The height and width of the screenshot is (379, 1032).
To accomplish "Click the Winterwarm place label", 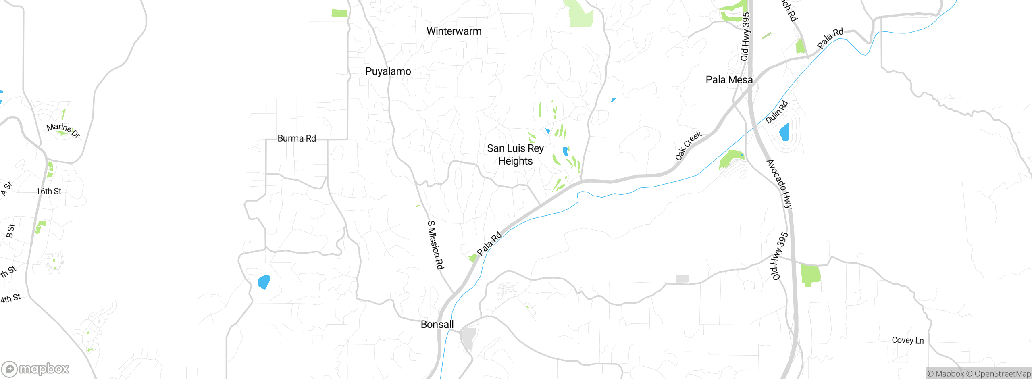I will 454,31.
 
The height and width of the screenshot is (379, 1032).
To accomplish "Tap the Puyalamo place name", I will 388,71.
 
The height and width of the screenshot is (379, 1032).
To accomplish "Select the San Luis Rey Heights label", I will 515,154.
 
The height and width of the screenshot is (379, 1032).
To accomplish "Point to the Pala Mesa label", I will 729,80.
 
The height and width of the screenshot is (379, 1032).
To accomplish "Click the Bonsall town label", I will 437,324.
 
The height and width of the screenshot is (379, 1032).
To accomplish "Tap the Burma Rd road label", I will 297,138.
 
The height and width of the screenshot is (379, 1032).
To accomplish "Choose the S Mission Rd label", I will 435,245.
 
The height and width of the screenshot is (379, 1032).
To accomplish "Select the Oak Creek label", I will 688,146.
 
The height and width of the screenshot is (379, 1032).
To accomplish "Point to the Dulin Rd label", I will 776,112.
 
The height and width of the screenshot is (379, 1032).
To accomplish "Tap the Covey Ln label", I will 907,340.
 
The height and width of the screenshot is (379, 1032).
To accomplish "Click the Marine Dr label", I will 63,130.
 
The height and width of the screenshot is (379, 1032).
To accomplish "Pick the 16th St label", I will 49,191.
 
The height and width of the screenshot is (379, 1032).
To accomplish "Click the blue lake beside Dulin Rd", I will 784,132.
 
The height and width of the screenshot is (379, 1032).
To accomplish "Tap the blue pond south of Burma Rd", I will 264,282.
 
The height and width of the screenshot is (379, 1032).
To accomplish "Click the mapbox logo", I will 35,369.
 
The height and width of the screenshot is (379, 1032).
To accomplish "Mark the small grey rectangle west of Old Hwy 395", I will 682,279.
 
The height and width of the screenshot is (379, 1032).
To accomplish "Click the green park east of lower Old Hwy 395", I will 810,275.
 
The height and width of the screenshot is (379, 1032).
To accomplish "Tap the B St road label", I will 10,231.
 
